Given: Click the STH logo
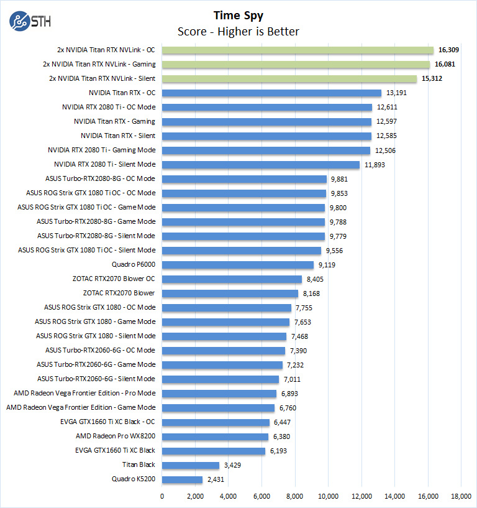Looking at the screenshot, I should tap(30, 21).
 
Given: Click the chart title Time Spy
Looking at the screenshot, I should tap(238, 15).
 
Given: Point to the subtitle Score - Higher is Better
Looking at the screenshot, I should tap(238, 31).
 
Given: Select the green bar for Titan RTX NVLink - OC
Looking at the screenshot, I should tap(298, 50).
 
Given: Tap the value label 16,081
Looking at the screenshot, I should tap(450, 65).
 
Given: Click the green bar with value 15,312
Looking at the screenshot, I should tap(289, 79).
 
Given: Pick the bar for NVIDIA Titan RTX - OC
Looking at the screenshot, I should tap(271, 93).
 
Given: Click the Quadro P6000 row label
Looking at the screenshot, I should tap(134, 264).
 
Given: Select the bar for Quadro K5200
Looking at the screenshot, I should tap(182, 479).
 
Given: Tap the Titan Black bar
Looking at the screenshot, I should tap(191, 464).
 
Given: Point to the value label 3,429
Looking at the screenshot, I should tap(234, 464).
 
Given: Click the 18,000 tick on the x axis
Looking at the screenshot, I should tap(461, 496).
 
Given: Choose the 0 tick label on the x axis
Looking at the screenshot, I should tap(162, 496).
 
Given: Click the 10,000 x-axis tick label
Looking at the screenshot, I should tap(328, 496).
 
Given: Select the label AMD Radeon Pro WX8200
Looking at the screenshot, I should tap(116, 436).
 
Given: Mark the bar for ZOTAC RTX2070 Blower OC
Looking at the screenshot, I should tap(232, 279).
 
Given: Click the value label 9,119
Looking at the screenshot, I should tap(329, 264).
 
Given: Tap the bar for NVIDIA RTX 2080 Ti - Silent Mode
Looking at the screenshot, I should tap(261, 165).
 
